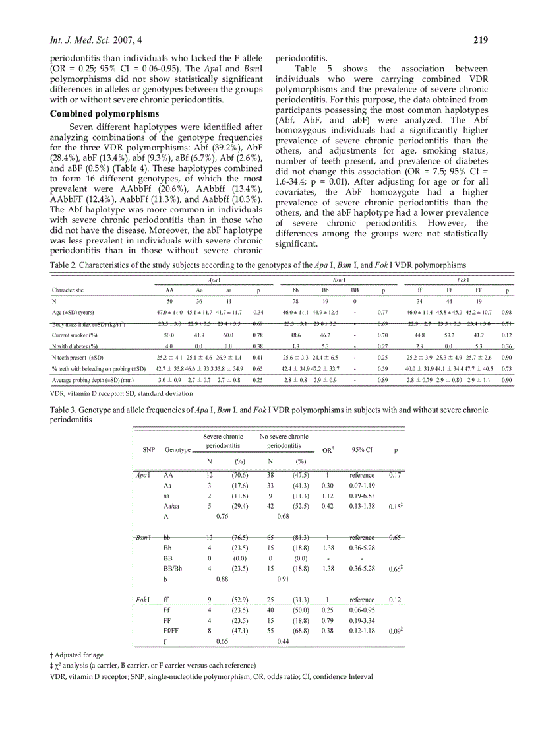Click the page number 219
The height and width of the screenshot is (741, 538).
481,40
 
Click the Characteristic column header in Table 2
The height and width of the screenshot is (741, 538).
68,290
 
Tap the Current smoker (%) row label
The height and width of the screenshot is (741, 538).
76,335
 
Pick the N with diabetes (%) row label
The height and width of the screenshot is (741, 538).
75,346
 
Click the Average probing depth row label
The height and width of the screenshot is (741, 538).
92,380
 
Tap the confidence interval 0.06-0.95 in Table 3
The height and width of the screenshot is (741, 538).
362,611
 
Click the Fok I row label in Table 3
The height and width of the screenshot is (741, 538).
142,600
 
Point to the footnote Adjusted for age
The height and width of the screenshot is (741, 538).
78,655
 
